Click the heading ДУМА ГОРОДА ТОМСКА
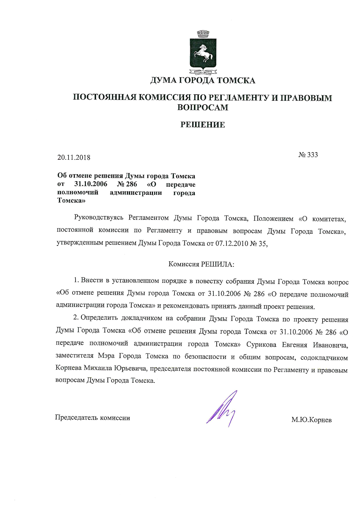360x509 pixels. tap(203, 80)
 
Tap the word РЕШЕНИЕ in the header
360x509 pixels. tap(203, 125)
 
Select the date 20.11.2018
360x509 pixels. tap(74, 157)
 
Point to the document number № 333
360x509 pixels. tap(308, 155)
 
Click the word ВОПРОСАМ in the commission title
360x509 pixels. tap(203, 107)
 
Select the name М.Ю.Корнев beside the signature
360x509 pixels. tap(312, 420)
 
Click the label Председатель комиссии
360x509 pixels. tap(93, 418)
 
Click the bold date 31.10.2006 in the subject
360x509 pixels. tap(91, 184)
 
